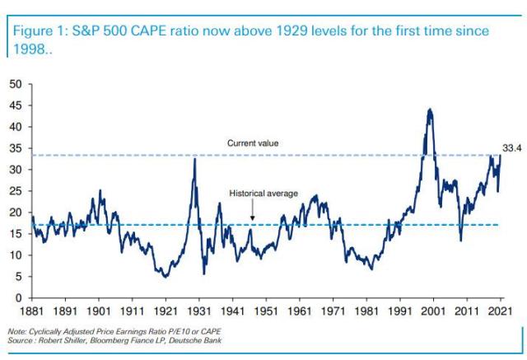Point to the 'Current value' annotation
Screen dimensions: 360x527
click(x=253, y=143)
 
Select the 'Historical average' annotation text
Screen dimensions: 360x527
click(x=263, y=194)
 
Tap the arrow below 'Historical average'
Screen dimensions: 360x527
click(x=253, y=212)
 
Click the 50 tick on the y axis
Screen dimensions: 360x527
click(x=16, y=84)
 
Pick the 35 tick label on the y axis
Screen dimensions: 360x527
click(x=16, y=148)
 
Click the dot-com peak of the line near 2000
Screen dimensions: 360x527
click(x=429, y=110)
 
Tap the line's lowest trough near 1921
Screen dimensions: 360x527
click(x=166, y=276)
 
